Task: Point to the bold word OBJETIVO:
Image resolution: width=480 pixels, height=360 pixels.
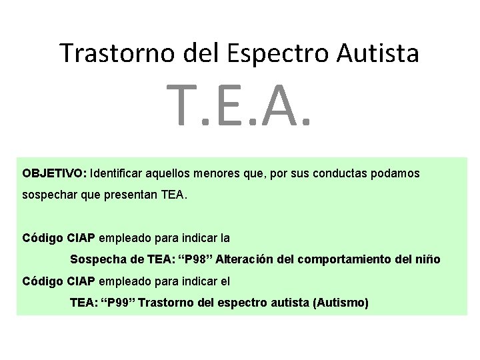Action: [53, 173]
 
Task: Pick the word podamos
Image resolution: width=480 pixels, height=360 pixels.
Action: [396, 173]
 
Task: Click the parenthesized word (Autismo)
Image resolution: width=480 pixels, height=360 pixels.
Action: [339, 303]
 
